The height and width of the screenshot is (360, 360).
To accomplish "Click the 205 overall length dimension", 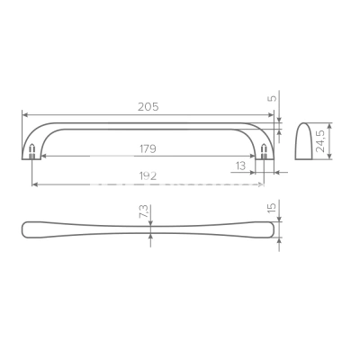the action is (148, 107).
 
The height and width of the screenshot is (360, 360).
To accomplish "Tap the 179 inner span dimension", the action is (148, 148).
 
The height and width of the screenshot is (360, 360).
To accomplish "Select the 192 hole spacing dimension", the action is (148, 176).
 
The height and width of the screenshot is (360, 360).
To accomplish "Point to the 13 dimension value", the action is (240, 166).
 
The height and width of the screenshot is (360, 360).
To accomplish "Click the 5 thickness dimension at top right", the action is (273, 98).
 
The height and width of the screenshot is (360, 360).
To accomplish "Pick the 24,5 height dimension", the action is (320, 141).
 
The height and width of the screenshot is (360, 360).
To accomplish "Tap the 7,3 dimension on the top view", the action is (144, 211).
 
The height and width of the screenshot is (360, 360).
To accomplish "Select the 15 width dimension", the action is (272, 208).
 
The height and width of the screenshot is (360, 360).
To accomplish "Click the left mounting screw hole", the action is (32, 151).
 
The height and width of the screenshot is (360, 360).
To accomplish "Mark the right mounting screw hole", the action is (264, 151).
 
